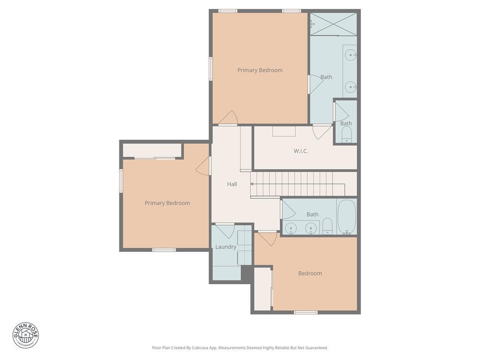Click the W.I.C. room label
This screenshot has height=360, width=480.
[301, 151]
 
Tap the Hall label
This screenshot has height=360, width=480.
[232, 184]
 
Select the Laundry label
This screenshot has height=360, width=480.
[225, 247]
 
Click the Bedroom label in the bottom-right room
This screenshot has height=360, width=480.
[310, 273]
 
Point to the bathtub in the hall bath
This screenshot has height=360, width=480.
[347, 217]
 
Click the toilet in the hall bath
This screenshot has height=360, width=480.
[328, 226]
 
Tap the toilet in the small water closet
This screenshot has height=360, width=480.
[346, 136]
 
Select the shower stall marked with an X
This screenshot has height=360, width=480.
[333, 24]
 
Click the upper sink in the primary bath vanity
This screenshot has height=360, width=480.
[350, 55]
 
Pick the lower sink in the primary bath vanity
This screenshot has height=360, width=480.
[350, 86]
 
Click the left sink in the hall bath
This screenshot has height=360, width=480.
[291, 228]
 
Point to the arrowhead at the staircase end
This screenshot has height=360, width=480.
[253, 184]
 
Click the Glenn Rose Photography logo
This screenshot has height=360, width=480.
[26, 335]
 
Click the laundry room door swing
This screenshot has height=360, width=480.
[225, 231]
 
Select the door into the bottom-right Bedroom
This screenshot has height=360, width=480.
[268, 238]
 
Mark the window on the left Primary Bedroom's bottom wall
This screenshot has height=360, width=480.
[164, 250]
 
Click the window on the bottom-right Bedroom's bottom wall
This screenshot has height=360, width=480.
[306, 312]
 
